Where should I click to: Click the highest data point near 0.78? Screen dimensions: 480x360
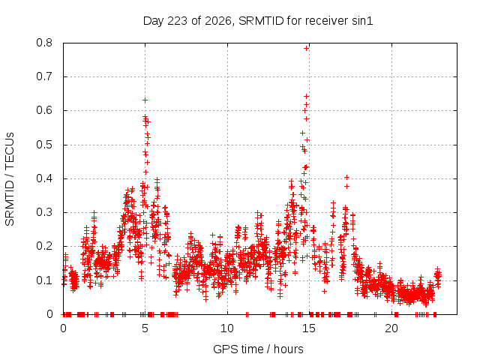click(x=306, y=48)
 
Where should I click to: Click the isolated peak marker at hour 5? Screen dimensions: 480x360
click(x=145, y=100)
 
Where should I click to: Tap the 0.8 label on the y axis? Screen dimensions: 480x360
click(x=44, y=43)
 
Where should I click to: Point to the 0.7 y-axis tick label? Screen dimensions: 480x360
click(x=44, y=76)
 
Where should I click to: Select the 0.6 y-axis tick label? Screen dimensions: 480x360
click(x=44, y=110)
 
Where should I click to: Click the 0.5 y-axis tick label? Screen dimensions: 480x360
click(x=44, y=145)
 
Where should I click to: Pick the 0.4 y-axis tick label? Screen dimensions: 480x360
click(x=44, y=178)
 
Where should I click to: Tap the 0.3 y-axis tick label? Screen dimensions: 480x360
click(x=44, y=212)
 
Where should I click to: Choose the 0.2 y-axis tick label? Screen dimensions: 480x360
click(x=44, y=247)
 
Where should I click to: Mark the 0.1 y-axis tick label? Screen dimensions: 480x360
click(x=44, y=280)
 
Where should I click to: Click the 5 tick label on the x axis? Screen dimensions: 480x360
click(x=145, y=328)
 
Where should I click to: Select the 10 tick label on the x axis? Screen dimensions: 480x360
click(x=227, y=328)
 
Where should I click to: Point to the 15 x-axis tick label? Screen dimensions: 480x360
click(x=309, y=328)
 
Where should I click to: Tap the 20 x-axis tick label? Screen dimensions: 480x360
click(x=391, y=328)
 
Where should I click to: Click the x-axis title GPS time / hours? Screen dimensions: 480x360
click(x=258, y=349)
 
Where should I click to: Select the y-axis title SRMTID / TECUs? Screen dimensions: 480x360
click(x=10, y=179)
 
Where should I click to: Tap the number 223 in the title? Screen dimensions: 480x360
click(x=178, y=21)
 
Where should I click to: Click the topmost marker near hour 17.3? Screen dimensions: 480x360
click(x=346, y=177)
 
